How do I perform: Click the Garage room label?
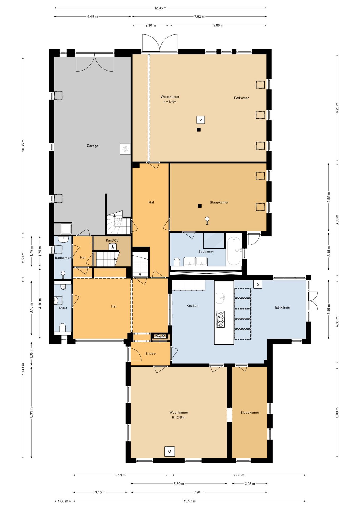[92, 146]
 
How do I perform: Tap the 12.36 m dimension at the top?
[160, 8]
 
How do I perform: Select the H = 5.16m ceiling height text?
[170, 102]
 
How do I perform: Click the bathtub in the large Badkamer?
[234, 251]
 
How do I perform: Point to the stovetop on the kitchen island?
[220, 319]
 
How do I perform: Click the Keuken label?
[192, 306]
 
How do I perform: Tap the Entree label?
[151, 354]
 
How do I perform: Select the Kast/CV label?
[112, 240]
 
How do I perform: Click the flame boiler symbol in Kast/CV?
[113, 247]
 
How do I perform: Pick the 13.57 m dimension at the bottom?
[190, 501]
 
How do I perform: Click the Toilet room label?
[63, 308]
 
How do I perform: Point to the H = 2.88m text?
[178, 418]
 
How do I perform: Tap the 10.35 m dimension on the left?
[23, 145]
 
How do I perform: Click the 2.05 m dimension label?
[250, 484]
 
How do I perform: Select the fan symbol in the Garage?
[125, 149]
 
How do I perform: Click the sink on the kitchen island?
[221, 298]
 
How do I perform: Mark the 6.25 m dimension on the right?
[337, 108]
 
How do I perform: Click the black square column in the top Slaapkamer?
[200, 206]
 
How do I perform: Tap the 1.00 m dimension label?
[63, 501]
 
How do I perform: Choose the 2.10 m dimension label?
[151, 25]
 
